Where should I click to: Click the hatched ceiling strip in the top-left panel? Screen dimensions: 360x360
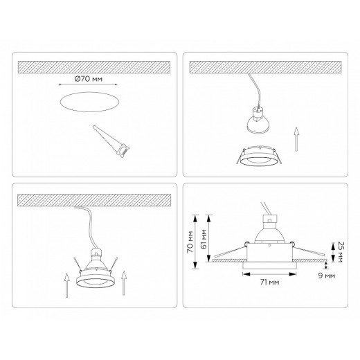click(94, 66)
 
